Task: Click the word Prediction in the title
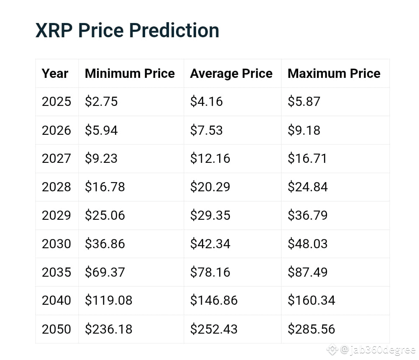(x=174, y=30)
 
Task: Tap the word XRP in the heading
(x=54, y=30)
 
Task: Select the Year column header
(x=55, y=74)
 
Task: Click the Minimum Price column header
(x=130, y=73)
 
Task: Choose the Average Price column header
(x=231, y=74)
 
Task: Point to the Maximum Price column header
(x=334, y=73)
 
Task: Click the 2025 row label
(x=56, y=102)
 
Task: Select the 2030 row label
(x=56, y=244)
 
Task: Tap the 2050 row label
(x=56, y=329)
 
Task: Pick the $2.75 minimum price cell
(x=101, y=102)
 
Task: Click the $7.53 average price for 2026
(x=206, y=130)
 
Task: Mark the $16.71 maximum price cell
(x=307, y=158)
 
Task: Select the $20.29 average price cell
(x=210, y=187)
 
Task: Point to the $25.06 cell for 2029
(x=105, y=215)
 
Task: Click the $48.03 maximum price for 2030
(x=308, y=244)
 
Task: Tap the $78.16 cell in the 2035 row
(x=210, y=272)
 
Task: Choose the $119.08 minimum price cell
(x=108, y=301)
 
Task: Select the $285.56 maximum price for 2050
(x=311, y=329)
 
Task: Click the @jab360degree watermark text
(x=378, y=350)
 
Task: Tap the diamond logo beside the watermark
(x=332, y=349)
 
